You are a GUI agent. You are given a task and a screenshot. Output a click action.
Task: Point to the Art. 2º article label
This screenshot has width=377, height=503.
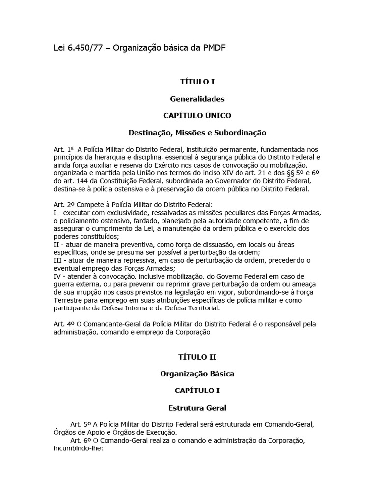click(63, 205)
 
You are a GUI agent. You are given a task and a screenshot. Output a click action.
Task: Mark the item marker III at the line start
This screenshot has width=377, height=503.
click(58, 260)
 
